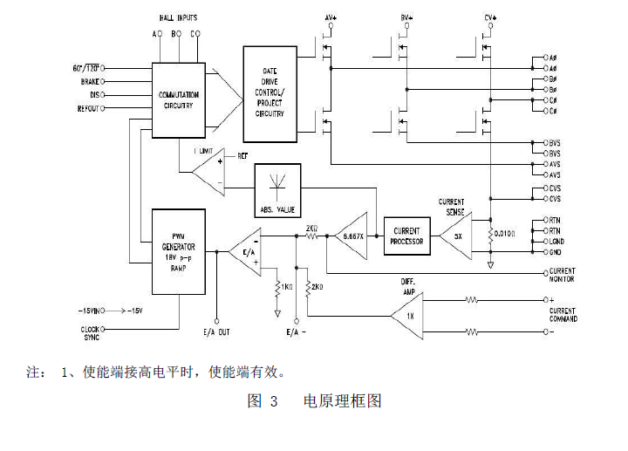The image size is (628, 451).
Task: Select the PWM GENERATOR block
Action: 178,248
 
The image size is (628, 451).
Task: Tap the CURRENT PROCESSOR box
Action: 407,235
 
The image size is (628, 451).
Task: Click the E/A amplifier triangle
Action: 242,250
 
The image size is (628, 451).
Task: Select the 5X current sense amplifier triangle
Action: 455,235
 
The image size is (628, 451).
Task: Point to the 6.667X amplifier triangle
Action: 351,235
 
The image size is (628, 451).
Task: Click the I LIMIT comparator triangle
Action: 210,172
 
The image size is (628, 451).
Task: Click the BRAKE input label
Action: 91,81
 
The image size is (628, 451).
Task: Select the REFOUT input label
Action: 88,109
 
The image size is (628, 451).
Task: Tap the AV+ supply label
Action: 331,17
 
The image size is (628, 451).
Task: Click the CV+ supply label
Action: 489,17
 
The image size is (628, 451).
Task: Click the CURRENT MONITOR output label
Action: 562,275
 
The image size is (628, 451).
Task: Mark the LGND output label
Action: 556,241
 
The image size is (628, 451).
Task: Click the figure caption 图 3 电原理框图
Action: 315,401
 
